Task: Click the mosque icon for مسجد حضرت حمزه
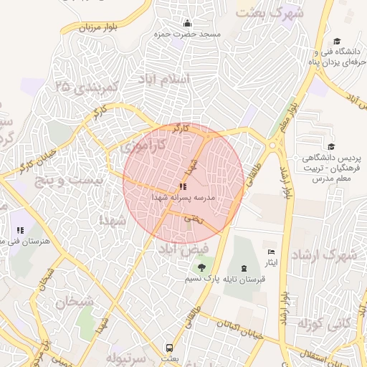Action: (188, 24)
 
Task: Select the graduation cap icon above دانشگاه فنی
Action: (336, 41)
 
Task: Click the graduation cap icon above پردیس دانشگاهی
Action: (330, 146)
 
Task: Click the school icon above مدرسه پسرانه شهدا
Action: (183, 186)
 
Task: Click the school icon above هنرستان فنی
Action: (20, 231)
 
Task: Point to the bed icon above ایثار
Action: (270, 252)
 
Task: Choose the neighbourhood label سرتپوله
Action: (126, 356)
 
